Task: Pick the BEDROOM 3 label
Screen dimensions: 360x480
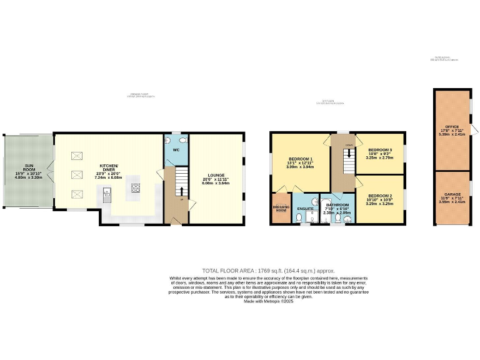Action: point(380,151)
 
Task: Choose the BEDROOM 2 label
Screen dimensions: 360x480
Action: point(380,196)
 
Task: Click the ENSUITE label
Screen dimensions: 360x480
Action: point(305,208)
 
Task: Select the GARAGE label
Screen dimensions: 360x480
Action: point(452,194)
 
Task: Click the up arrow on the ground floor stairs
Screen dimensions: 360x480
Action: point(181,191)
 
